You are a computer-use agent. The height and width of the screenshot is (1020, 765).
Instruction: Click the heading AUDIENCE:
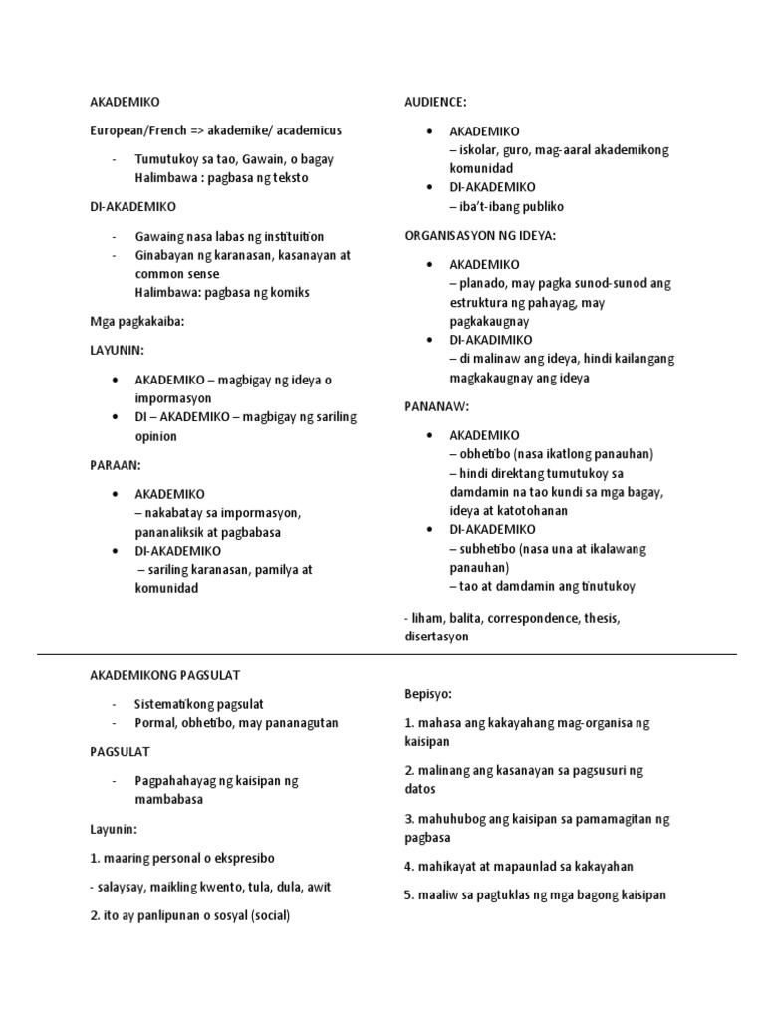(435, 102)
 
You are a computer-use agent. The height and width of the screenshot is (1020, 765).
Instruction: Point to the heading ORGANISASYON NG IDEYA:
(480, 235)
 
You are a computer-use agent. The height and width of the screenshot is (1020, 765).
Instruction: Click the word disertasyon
(436, 636)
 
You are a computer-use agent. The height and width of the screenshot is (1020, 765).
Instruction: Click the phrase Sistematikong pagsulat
(198, 703)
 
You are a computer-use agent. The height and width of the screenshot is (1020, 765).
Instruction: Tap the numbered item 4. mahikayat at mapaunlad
(518, 866)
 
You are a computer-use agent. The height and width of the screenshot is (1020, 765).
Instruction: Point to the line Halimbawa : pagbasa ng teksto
(221, 178)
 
